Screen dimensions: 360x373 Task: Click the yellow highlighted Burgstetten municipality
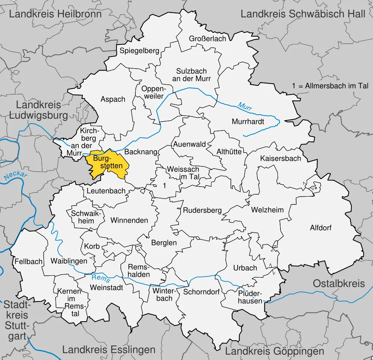[107, 164]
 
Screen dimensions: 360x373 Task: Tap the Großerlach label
[207, 39]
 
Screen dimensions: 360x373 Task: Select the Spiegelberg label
[139, 51]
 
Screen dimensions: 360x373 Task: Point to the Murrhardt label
[248, 122]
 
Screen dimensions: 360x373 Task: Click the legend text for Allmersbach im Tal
[330, 86]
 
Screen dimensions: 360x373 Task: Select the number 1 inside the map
[164, 185]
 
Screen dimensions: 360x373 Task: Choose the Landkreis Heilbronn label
[55, 14]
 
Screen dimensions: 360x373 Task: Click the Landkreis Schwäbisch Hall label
[303, 14]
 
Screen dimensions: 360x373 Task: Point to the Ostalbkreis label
[339, 284]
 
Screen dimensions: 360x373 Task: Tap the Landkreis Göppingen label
[275, 351]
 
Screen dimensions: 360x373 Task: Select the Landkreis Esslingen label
[109, 350]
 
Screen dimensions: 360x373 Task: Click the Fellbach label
[29, 262]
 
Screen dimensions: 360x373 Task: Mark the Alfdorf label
[320, 228]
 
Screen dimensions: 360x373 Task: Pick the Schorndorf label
[201, 292]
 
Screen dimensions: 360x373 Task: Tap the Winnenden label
[129, 220]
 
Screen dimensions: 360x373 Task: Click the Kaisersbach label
[280, 158]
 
